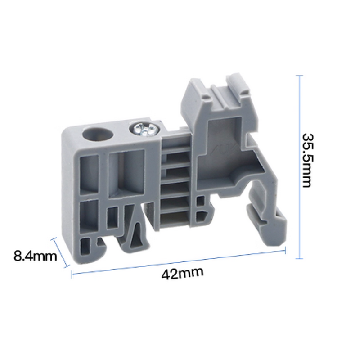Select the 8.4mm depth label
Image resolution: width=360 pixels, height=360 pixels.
pyautogui.click(x=35, y=256)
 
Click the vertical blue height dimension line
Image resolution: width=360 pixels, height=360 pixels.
pyautogui.click(x=298, y=166)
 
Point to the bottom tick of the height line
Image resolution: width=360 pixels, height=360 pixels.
pyautogui.click(x=298, y=258)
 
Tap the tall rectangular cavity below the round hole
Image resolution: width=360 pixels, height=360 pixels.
pyautogui.click(x=89, y=173)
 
